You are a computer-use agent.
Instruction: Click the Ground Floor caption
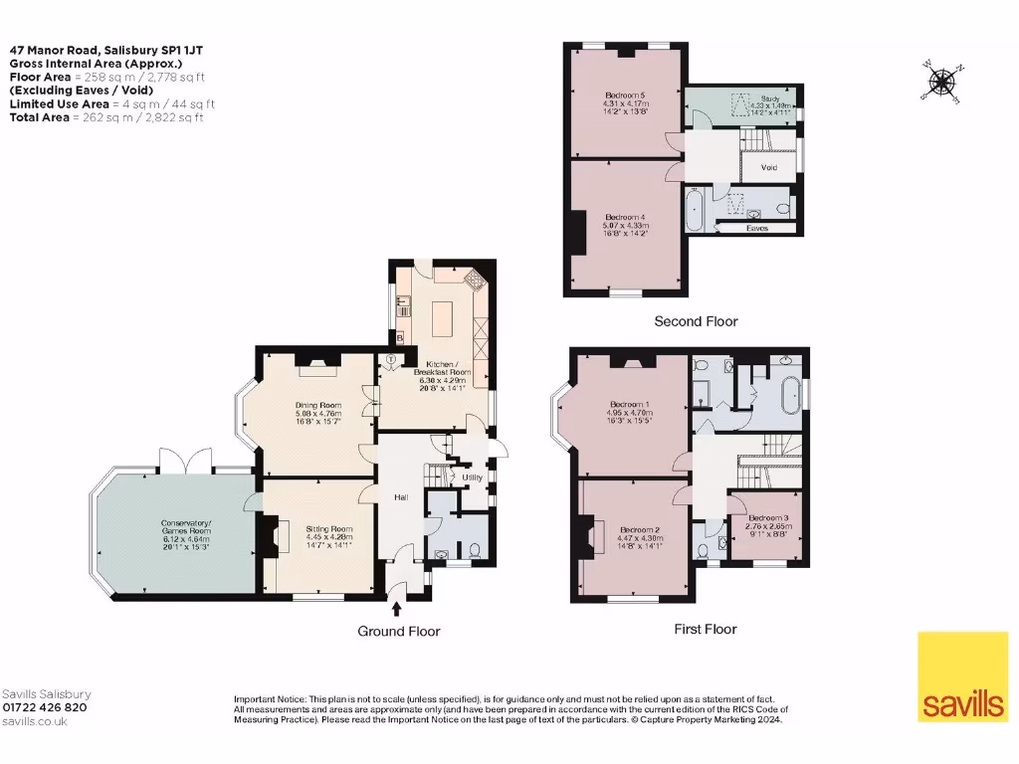pyautogui.click(x=399, y=631)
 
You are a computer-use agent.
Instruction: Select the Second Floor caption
pyautogui.click(x=696, y=321)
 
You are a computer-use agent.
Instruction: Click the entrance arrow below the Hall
pyautogui.click(x=398, y=607)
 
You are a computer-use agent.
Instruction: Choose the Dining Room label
pyautogui.click(x=317, y=405)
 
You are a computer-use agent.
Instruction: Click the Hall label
pyautogui.click(x=401, y=497)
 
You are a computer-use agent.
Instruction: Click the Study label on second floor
pyautogui.click(x=769, y=98)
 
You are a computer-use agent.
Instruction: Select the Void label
pyautogui.click(x=769, y=167)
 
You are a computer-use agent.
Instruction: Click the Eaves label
pyautogui.click(x=757, y=228)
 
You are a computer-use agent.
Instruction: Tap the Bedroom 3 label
pyautogui.click(x=768, y=518)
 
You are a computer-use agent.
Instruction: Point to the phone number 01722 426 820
pyautogui.click(x=45, y=707)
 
